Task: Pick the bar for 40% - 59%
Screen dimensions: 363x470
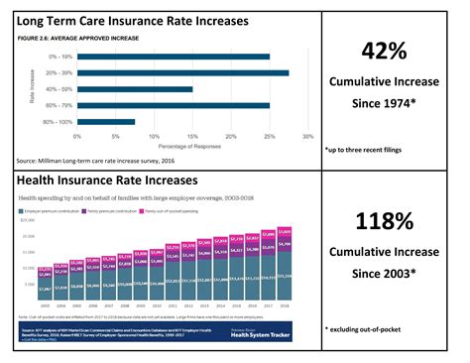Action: (x=135, y=88)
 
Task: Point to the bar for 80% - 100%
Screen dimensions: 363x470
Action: (x=105, y=122)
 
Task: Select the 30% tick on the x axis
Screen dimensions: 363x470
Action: (x=308, y=137)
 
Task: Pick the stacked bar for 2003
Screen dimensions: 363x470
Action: (x=46, y=284)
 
